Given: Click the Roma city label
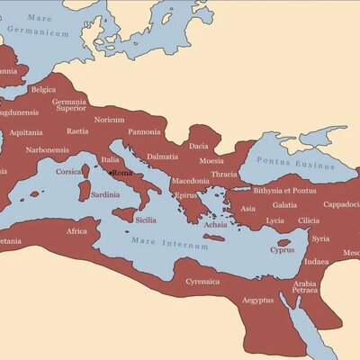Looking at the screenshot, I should tap(122, 173).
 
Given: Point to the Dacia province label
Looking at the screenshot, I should tap(199, 145).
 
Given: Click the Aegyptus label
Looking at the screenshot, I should tap(257, 300).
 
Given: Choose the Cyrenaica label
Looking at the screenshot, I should tap(202, 281).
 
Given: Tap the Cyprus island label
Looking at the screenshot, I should tap(282, 249).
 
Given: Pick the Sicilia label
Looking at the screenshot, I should tap(145, 219).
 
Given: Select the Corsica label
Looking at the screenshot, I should tap(69, 171).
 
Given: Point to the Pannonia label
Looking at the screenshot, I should tap(144, 131).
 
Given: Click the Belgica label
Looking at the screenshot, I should tap(44, 90).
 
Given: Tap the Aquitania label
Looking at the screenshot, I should tap(27, 131).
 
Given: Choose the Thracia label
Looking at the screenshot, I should tap(223, 174).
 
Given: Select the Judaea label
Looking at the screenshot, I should tap(317, 262).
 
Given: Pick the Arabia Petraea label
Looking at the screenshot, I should tap(305, 288).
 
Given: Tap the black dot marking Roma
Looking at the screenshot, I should tap(110, 173).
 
